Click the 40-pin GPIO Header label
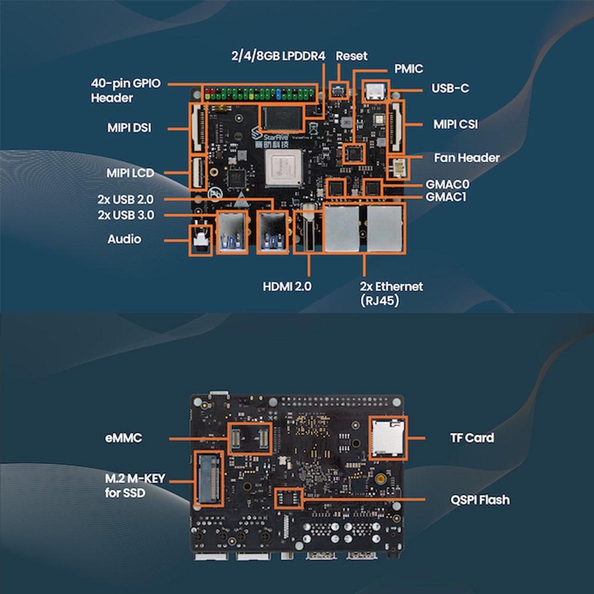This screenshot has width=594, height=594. point(125,91)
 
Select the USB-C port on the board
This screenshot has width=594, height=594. point(375,91)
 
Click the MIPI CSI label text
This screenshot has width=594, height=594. point(455,124)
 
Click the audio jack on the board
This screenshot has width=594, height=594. point(200,239)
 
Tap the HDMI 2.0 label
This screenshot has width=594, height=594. point(287,286)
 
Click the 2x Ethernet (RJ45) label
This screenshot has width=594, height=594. point(391,293)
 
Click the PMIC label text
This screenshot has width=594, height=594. point(409,68)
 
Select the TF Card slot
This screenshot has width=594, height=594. point(388,438)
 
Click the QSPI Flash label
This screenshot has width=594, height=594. point(479,500)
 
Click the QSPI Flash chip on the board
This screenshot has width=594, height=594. point(290,498)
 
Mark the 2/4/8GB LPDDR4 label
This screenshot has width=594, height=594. point(279,56)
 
